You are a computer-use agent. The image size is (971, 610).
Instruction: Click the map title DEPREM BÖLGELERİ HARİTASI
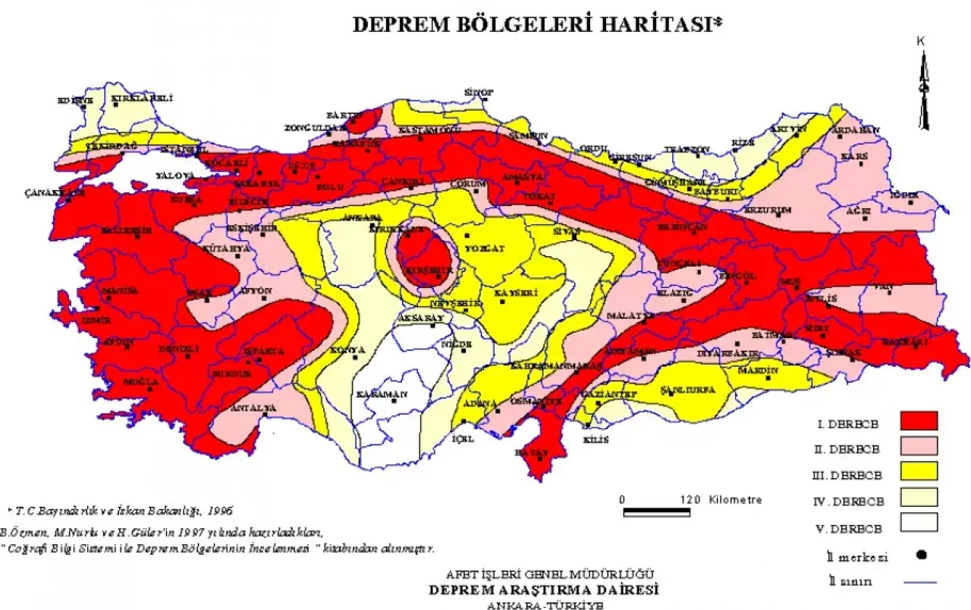coord(538,24)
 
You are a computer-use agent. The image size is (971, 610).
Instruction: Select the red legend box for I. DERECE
coord(919,421)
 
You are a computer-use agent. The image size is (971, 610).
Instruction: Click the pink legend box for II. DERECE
coord(919,446)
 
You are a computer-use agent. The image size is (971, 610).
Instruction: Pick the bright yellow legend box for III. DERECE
coord(919,471)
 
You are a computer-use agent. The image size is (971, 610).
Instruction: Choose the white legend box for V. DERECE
coord(919,522)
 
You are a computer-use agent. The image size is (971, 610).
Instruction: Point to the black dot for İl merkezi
coord(922,554)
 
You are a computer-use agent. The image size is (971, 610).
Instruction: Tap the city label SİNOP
coord(479,92)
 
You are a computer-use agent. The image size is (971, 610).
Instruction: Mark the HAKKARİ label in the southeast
coord(905,343)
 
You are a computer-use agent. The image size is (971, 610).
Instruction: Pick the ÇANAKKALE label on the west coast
coord(54,192)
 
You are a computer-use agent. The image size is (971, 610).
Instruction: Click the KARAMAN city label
coord(382,394)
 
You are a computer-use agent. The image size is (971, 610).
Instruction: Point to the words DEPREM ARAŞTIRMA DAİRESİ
coord(543,590)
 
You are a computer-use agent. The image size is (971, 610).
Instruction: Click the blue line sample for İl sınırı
coord(920,582)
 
